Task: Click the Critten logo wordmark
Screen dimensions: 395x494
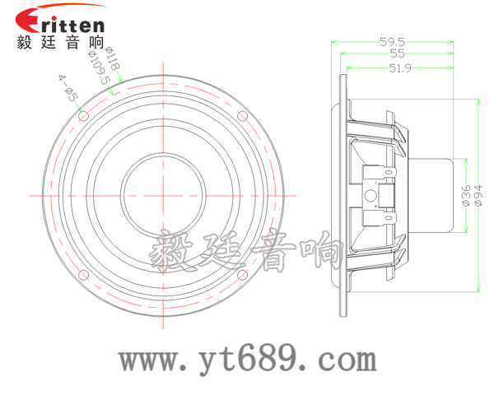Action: coord(60,23)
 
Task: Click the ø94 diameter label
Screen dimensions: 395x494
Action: coord(478,195)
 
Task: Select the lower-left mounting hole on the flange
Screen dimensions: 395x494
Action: coord(84,275)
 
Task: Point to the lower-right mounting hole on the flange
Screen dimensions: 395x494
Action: coord(244,275)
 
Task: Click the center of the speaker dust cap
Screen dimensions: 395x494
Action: coord(164,195)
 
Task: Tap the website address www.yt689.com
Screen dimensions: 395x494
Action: coord(247,360)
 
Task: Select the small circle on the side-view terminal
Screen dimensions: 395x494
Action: coord(370,195)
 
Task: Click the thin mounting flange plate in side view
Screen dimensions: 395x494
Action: coord(341,195)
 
